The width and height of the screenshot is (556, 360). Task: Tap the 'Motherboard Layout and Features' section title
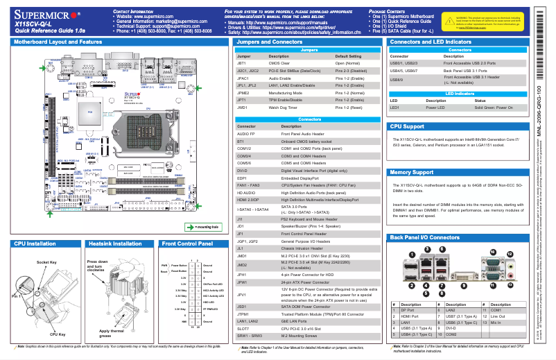click(x=58, y=42)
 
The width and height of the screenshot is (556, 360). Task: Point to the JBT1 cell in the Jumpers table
click(x=242, y=62)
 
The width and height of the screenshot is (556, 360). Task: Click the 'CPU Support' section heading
click(x=408, y=127)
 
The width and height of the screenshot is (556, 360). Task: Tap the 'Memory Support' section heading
click(x=412, y=172)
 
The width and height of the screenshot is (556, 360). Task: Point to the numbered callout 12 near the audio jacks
click(x=510, y=255)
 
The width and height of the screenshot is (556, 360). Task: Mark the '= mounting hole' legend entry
click(x=205, y=207)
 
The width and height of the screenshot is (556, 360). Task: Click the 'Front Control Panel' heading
click(x=187, y=225)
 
